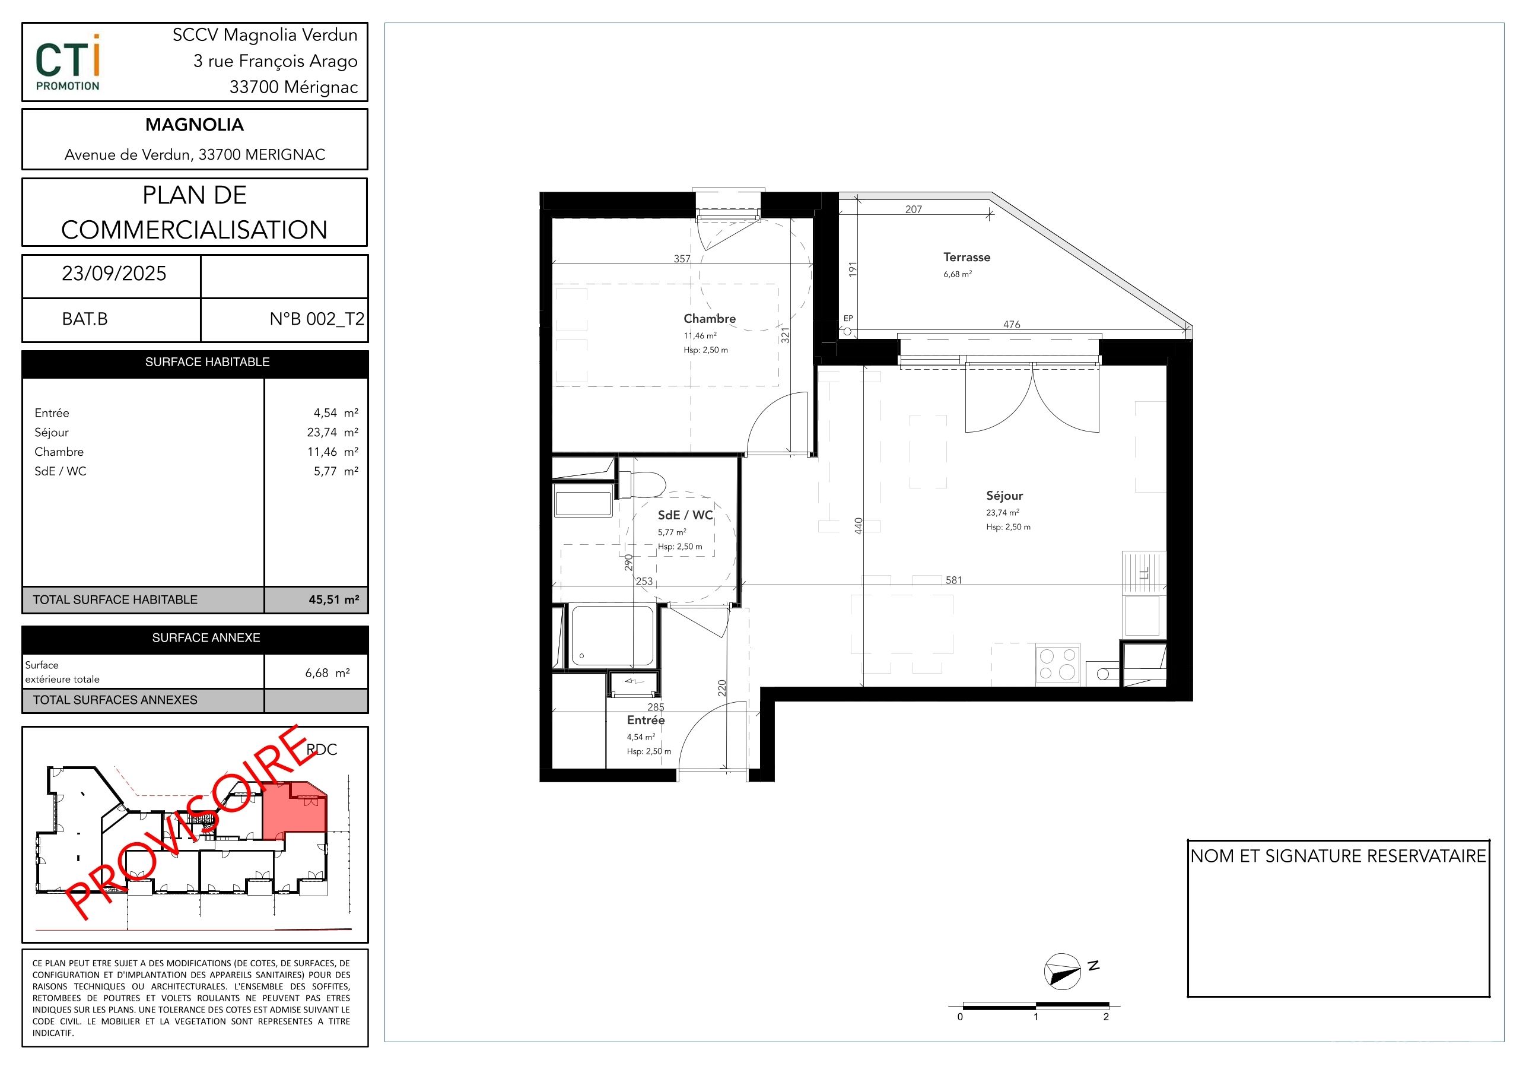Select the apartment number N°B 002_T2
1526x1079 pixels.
(316, 319)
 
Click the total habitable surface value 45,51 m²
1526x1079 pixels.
(333, 599)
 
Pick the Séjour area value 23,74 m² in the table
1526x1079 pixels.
(332, 433)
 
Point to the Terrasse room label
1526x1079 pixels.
(967, 257)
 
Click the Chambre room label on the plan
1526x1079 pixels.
(709, 319)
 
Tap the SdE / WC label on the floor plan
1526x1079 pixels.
(685, 515)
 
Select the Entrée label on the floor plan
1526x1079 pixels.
(646, 721)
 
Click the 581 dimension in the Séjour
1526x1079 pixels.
(954, 580)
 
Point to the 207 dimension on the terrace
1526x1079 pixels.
(914, 210)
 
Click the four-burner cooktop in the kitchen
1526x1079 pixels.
(1057, 664)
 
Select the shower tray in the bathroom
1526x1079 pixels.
(612, 636)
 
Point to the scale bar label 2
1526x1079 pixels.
(1106, 1017)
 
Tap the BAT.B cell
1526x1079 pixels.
(84, 319)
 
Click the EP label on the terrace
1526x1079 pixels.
(848, 319)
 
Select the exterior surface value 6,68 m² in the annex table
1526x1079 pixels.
(327, 674)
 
